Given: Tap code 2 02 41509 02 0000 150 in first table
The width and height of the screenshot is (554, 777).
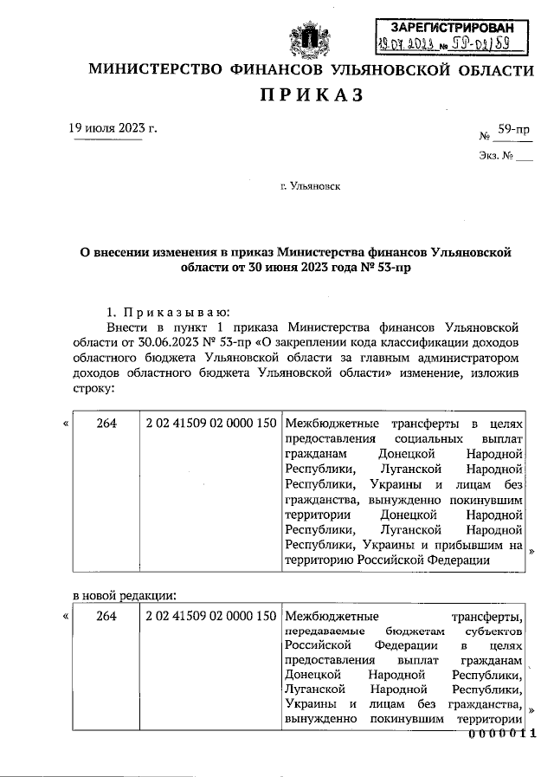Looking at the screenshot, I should (211, 423).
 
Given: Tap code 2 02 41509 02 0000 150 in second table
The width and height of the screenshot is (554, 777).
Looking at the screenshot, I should (211, 617).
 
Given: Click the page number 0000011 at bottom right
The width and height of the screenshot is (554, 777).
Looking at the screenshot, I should (503, 734).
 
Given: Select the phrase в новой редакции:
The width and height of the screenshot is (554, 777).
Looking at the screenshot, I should (124, 595).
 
